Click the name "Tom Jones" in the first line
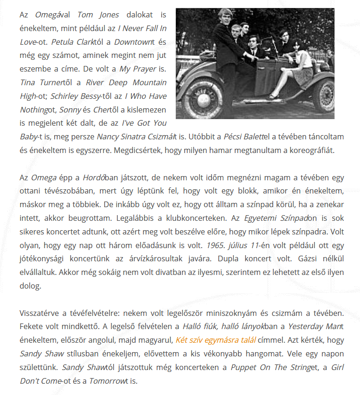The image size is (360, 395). [x=98, y=15]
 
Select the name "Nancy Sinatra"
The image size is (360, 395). [x=120, y=137]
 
